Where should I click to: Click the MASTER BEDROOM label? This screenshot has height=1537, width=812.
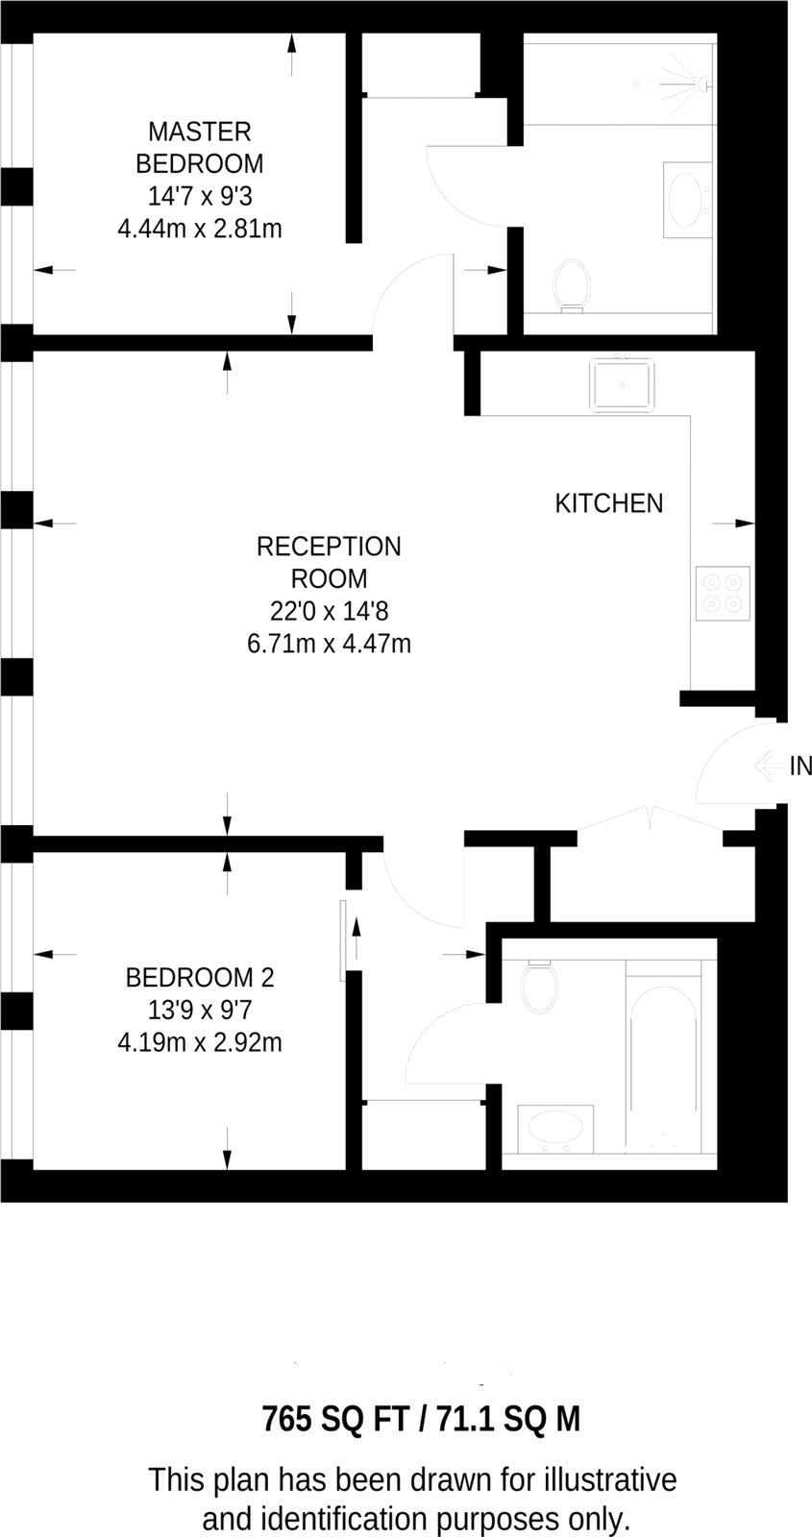[200, 146]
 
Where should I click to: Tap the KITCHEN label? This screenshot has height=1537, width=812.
[608, 502]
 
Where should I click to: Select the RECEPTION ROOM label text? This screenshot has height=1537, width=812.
[329, 562]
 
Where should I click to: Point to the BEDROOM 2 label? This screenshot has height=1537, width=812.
[200, 978]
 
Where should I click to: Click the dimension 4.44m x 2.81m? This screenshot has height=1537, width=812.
[200, 229]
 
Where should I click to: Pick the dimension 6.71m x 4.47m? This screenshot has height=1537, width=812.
[329, 643]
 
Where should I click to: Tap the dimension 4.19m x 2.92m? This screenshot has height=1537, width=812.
[200, 1041]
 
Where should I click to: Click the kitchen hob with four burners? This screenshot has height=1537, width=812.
[722, 593]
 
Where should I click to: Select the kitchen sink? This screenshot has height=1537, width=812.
[622, 384]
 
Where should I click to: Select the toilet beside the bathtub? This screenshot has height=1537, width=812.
[539, 986]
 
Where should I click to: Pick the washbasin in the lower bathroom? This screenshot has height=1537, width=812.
[555, 1130]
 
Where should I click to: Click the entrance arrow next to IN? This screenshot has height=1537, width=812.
[768, 766]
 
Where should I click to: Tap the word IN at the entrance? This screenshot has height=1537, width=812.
[800, 766]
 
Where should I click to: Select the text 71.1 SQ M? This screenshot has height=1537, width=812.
[508, 1419]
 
